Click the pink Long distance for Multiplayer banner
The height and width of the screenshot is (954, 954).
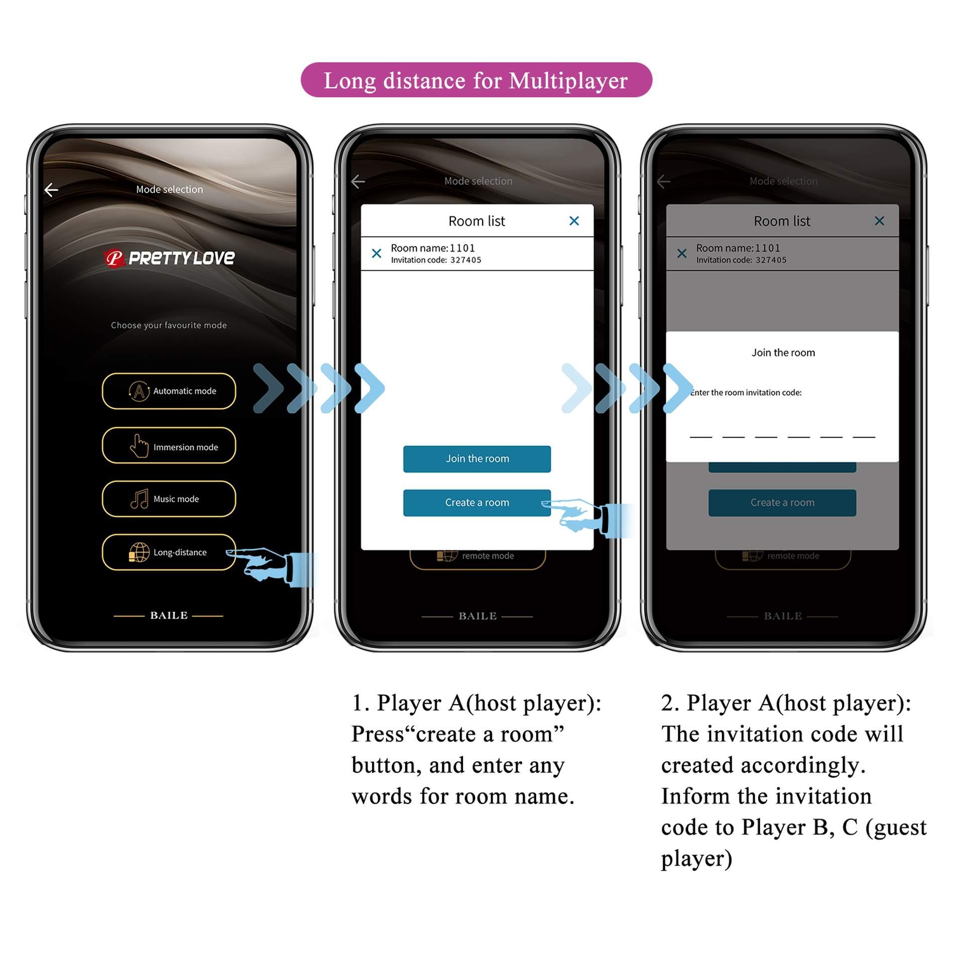click(476, 80)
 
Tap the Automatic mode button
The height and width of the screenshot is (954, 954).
click(169, 391)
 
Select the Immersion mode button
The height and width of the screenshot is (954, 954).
click(169, 445)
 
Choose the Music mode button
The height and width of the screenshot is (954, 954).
click(169, 499)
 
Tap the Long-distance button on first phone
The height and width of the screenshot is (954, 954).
click(169, 552)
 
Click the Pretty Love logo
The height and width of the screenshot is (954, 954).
click(169, 258)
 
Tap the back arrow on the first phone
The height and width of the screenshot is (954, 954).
click(51, 190)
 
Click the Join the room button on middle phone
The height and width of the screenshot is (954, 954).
click(476, 459)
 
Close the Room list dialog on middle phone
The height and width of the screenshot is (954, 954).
click(574, 221)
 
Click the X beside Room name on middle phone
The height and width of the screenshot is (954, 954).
click(376, 254)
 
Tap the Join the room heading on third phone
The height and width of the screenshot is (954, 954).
click(783, 352)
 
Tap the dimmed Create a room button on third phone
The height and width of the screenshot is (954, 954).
click(782, 503)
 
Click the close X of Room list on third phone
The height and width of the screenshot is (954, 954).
click(879, 221)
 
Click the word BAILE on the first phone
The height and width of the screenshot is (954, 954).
click(169, 616)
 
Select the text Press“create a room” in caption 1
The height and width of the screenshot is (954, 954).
click(457, 734)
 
